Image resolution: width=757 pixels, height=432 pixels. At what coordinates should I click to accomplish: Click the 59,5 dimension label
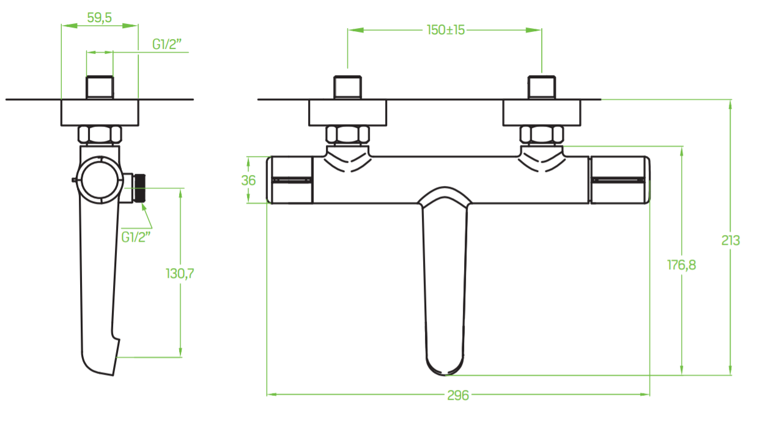pos(99,18)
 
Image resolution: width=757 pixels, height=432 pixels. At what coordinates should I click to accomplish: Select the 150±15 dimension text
pos(446,30)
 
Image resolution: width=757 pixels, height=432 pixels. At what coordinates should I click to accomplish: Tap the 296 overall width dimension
pos(458,395)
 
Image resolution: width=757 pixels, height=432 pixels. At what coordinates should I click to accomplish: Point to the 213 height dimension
pos(731,240)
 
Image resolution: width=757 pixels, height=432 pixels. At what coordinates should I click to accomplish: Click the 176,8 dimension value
pos(682,265)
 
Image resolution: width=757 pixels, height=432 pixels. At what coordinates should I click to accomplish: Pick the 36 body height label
pos(248,181)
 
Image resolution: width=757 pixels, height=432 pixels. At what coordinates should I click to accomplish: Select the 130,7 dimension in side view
pos(180,274)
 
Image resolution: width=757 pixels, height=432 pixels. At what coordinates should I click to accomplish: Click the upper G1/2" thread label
pos(167,44)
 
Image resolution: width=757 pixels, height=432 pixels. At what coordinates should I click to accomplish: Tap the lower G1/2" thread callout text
pos(136,237)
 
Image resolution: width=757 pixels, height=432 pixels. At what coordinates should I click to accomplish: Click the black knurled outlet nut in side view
pos(140,188)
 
